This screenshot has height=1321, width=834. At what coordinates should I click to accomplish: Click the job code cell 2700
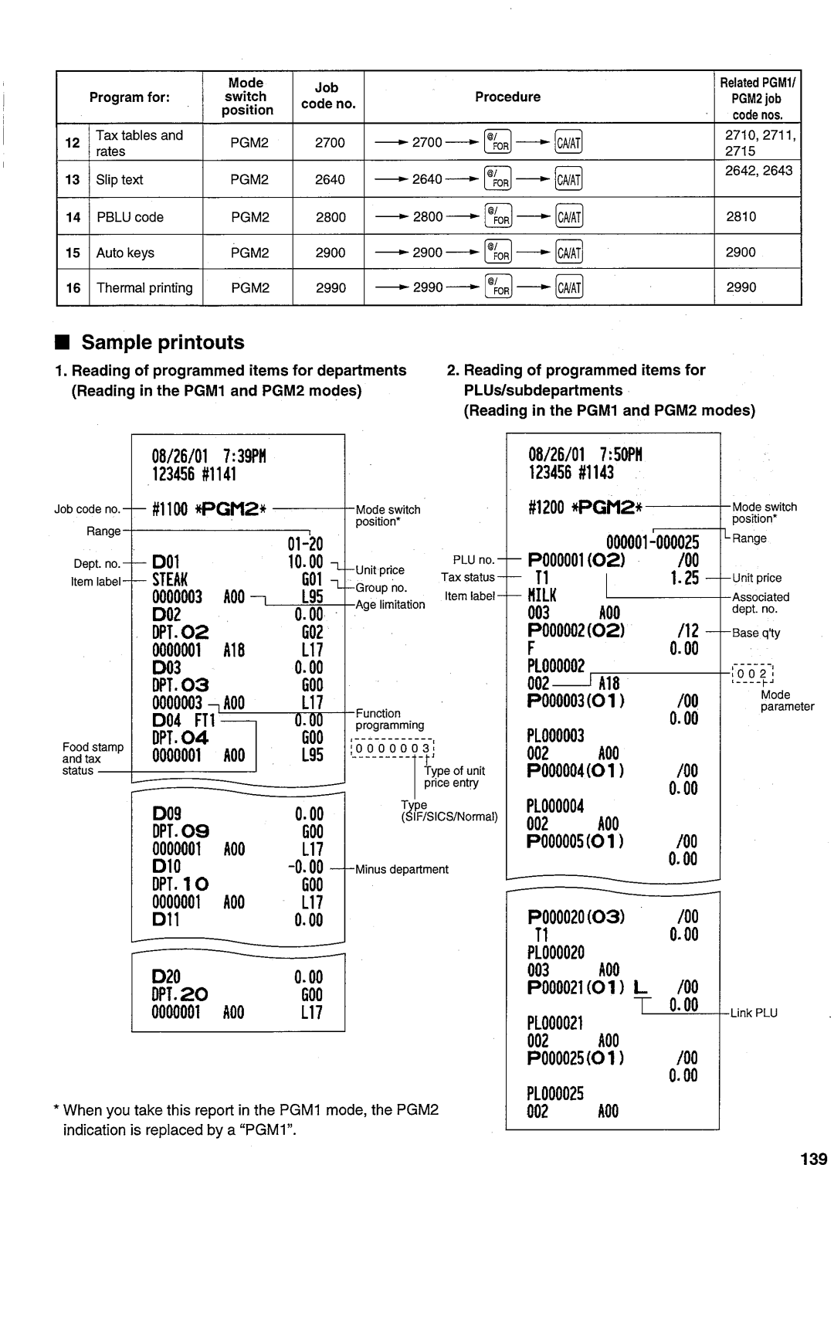[330, 143]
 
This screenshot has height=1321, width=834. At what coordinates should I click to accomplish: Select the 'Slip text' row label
[120, 180]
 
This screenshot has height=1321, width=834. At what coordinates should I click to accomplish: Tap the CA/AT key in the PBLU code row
[569, 217]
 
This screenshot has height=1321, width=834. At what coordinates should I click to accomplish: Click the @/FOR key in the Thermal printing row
[498, 287]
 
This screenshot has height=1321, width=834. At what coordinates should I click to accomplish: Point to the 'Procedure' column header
[507, 97]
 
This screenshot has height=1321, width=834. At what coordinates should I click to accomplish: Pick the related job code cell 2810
[741, 216]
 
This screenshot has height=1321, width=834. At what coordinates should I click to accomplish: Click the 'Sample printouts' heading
[163, 342]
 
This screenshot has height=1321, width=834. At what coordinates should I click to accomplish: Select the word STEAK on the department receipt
[170, 579]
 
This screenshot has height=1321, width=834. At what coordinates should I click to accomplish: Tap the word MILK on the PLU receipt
[542, 595]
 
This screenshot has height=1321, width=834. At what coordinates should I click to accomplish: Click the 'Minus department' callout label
[402, 869]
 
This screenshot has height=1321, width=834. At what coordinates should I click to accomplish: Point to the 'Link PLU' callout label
[754, 1014]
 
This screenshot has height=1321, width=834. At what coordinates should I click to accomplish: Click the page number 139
[814, 1160]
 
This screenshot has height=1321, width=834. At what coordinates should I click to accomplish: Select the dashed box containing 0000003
[392, 749]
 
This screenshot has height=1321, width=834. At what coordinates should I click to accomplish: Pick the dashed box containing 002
[753, 674]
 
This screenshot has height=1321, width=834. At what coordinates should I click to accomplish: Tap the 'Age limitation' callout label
[390, 604]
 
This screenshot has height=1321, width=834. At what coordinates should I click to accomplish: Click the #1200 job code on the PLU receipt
[546, 508]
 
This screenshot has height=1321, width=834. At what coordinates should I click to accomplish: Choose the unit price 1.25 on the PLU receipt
[684, 578]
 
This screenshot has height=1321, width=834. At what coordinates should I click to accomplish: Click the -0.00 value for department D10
[305, 867]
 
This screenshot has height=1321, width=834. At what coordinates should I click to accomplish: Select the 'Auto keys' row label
[125, 253]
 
